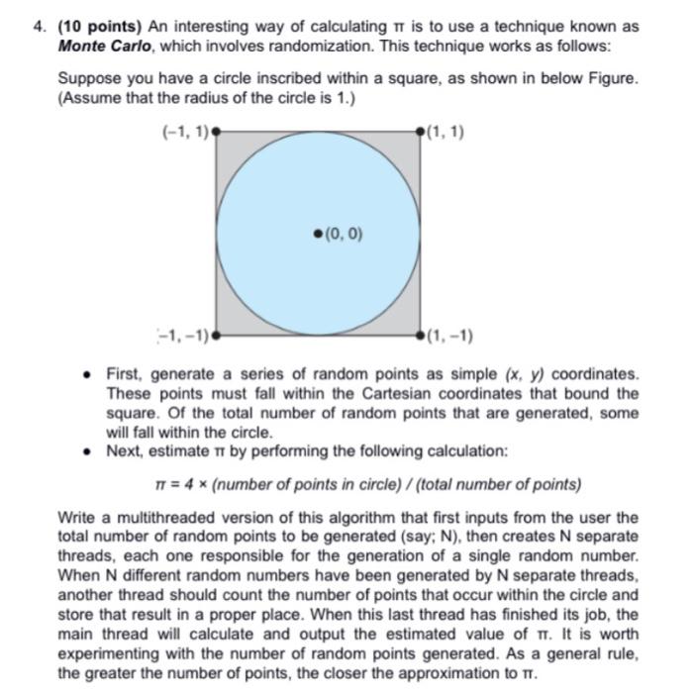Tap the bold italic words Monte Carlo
click(95, 46)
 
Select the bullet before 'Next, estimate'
click(89, 450)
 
